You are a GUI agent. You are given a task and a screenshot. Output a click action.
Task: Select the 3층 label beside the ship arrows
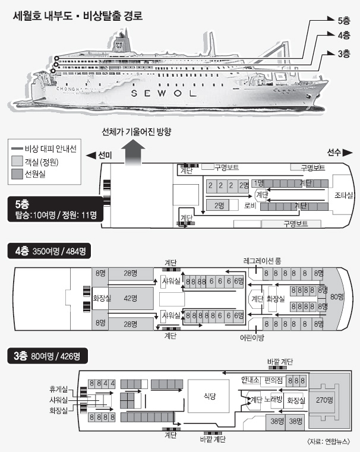point(344,54)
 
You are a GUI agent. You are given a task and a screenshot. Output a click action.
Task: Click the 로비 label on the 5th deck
point(250,206)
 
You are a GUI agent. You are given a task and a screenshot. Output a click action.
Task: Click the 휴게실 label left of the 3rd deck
point(59,390)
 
